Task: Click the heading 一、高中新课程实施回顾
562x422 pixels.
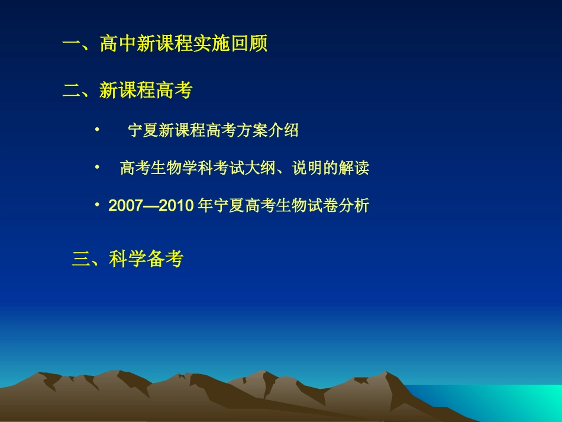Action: tap(165, 44)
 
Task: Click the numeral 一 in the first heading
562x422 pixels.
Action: tap(72, 44)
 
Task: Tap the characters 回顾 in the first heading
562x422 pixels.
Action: tap(249, 44)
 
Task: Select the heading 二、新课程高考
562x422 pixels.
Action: tap(128, 91)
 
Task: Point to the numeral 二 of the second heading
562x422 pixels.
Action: tap(72, 91)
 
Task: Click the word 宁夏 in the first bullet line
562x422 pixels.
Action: tap(143, 131)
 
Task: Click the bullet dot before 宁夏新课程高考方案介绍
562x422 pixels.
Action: tap(98, 128)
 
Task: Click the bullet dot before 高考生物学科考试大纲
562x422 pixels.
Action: tap(98, 166)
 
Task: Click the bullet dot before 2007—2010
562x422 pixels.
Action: tap(98, 205)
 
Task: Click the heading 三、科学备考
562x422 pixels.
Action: tap(127, 259)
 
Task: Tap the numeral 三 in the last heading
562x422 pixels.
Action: tap(80, 259)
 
